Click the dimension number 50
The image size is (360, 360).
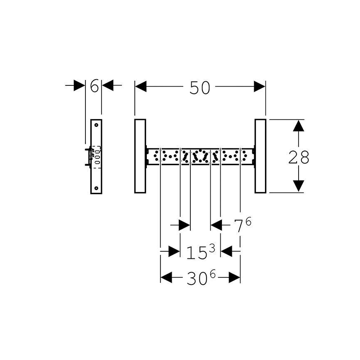click(200, 87)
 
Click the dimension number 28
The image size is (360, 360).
click(299, 157)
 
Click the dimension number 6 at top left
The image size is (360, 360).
click(94, 86)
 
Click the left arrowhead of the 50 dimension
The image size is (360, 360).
click(141, 87)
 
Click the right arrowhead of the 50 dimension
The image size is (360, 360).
click(259, 87)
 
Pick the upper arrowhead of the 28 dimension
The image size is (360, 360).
click(299, 126)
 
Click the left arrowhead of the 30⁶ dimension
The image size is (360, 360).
click(166, 278)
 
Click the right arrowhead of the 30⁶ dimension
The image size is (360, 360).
click(234, 278)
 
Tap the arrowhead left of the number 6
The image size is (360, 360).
click(79, 86)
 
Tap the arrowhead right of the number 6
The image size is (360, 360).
click(108, 86)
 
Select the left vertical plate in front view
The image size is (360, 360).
click(140, 156)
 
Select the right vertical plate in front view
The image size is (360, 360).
click(260, 156)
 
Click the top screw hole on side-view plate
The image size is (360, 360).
click(96, 124)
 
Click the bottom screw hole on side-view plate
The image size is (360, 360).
click(96, 188)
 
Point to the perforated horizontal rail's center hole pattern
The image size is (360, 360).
click(200, 156)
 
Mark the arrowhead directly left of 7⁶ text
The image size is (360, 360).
click(217, 225)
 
